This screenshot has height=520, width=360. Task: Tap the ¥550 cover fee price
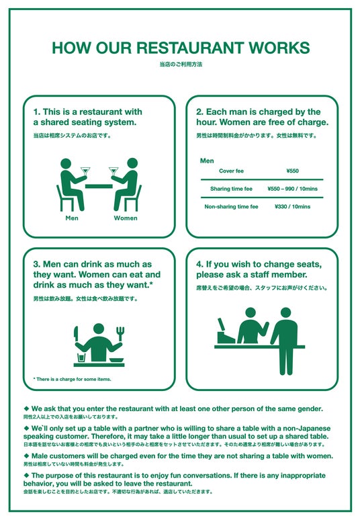pos(292,171)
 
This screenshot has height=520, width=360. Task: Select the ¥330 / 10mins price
pos(292,207)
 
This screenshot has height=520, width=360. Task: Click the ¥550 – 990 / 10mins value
pos(292,189)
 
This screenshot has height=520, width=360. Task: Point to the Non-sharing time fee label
pos(231,207)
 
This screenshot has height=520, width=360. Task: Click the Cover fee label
pos(231,171)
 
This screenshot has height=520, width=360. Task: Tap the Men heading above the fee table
pos(207,161)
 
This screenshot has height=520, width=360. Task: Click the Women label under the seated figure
pos(126,218)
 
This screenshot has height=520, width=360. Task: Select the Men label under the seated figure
pos(72,218)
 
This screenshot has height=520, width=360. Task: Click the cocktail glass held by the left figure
pos(85,171)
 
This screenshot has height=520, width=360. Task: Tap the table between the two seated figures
pos(99,186)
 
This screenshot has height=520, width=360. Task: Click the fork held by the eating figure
pos(120,333)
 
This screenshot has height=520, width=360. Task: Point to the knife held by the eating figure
pos(76,335)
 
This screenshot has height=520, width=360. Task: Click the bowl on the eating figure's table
pos(116,360)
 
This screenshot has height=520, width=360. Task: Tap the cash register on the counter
pos(225,333)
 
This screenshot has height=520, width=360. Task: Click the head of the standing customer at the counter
pos(285,312)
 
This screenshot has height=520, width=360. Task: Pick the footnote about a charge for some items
pos(73,379)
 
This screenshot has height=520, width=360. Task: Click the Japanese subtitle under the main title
pos(181,64)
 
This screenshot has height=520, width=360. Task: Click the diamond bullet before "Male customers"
pos(26,456)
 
